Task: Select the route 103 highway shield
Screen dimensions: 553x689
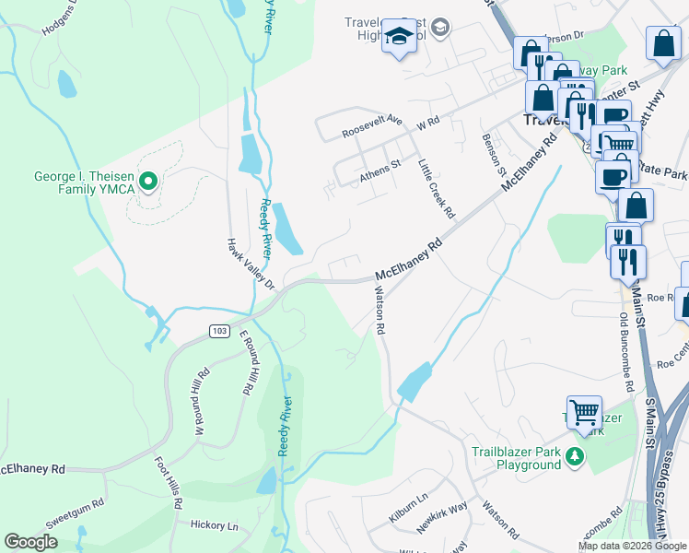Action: [218, 331]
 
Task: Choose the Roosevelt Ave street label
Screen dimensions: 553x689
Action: [372, 126]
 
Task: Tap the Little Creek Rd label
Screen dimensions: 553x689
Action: [437, 188]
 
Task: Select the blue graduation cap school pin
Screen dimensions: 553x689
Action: [398, 37]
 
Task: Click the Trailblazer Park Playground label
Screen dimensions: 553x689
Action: [516, 458]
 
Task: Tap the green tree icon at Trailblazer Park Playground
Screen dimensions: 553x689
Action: [575, 455]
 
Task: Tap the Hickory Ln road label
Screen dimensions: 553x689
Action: [214, 525]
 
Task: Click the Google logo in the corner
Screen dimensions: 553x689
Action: [30, 541]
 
